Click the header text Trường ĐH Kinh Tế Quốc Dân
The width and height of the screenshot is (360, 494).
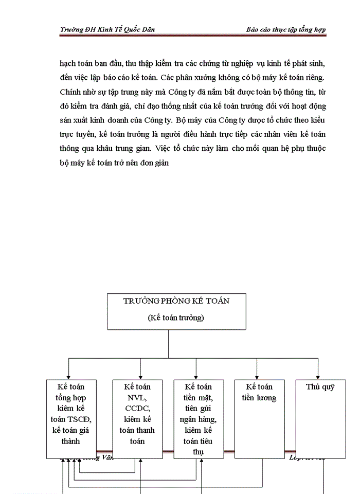[107, 29]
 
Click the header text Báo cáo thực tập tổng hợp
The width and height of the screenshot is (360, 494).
[286, 29]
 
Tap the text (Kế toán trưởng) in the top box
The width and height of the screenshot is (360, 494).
[176, 317]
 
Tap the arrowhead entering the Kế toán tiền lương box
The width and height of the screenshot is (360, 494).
[257, 377]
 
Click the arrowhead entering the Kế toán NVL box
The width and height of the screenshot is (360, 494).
[140, 377]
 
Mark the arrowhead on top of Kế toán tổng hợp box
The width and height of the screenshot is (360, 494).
[68, 377]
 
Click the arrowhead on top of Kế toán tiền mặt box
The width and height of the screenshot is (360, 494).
[196, 377]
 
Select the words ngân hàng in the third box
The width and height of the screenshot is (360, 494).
[199, 419]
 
